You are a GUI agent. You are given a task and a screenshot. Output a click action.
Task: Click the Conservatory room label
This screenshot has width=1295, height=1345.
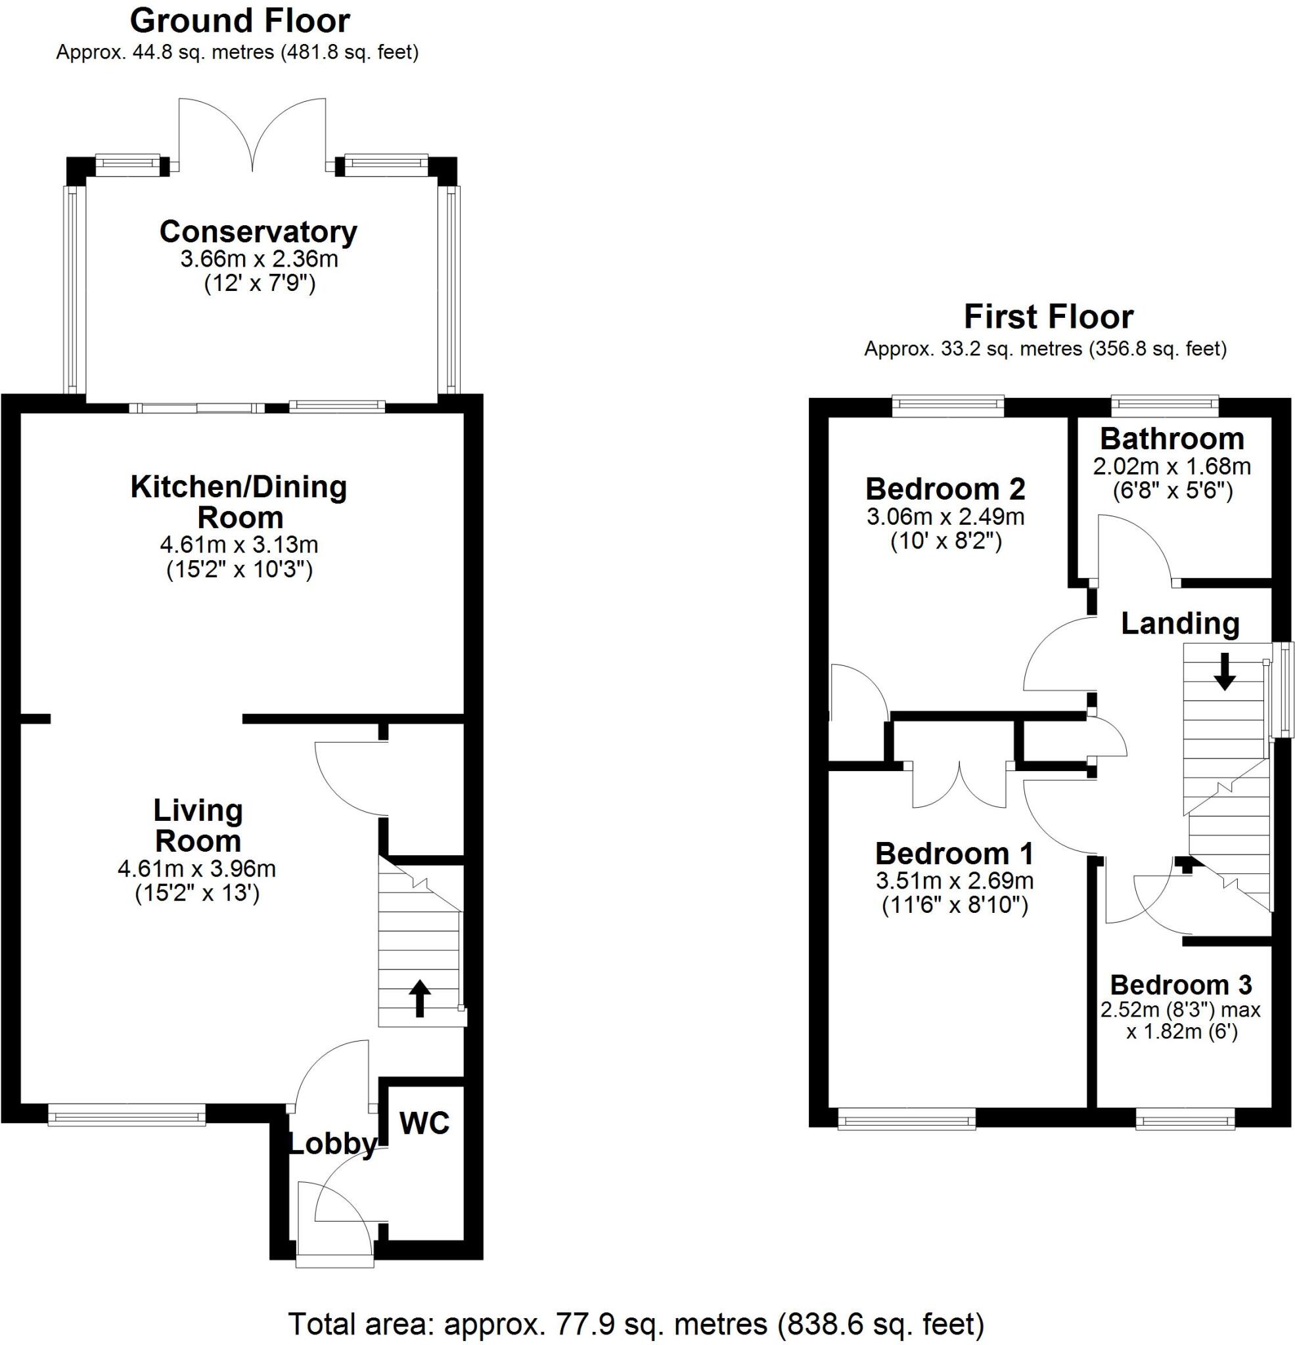258,232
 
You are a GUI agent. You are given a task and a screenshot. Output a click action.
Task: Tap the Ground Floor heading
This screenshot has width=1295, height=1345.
240,21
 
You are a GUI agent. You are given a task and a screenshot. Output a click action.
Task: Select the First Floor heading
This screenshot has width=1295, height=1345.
1049,317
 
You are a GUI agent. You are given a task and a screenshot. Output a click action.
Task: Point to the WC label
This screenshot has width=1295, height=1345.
424,1123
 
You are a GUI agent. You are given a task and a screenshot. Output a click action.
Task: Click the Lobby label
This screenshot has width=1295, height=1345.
332,1144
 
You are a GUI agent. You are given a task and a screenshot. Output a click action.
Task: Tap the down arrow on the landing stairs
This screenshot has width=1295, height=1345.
1224,672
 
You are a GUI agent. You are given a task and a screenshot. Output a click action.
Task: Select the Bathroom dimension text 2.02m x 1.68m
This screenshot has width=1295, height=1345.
1171,467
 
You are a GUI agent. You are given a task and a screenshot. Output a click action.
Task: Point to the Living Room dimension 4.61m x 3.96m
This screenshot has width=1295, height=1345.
197,869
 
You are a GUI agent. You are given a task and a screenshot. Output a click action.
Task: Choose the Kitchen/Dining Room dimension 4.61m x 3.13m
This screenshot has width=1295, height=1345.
239,545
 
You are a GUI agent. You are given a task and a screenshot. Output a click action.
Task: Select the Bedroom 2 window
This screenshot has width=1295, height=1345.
947,405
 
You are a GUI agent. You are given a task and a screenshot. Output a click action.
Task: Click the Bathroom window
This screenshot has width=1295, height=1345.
1164,405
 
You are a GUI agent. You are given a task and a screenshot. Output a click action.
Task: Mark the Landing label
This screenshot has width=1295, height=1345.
1180,623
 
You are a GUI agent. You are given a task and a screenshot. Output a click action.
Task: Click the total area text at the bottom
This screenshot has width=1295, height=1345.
636,1324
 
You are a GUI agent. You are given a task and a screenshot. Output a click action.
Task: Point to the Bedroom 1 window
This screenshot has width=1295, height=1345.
906,1121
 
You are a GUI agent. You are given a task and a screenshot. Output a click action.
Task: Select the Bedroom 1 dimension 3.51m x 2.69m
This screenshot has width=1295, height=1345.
955,881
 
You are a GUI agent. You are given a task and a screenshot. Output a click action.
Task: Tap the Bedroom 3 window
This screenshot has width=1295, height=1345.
1185,1121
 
